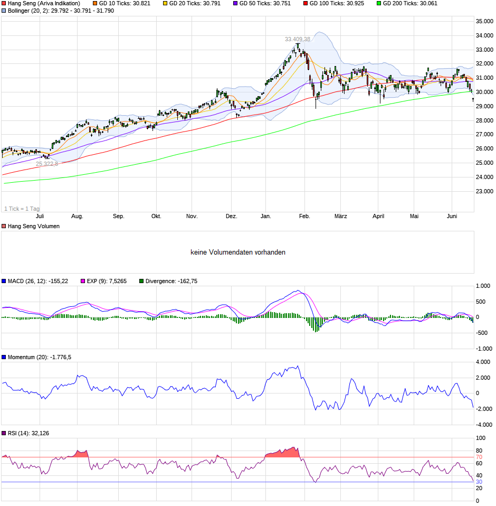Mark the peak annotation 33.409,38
298,39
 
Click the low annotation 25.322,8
47,164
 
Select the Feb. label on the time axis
304,216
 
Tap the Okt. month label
156,216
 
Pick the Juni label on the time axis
452,216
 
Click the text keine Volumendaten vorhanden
238,252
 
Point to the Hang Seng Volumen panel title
34,226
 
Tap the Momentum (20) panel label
40,357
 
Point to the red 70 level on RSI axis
479,457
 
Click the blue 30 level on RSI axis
479,482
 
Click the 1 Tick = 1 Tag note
22,209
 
